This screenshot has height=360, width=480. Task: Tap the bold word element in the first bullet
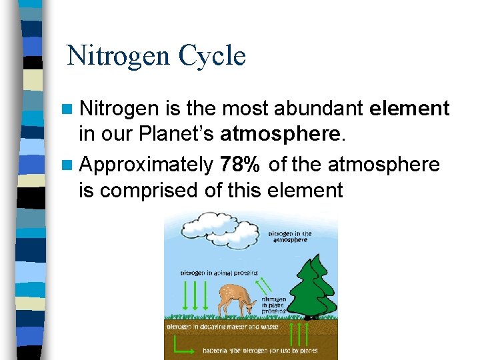408,108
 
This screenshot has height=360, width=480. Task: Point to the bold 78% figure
238,164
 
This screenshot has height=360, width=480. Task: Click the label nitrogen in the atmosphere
290,237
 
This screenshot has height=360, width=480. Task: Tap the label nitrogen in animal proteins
219,273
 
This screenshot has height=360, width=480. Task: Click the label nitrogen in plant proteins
274,305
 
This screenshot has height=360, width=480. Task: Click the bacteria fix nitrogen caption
259,350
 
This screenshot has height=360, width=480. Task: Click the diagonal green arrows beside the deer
266,285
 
